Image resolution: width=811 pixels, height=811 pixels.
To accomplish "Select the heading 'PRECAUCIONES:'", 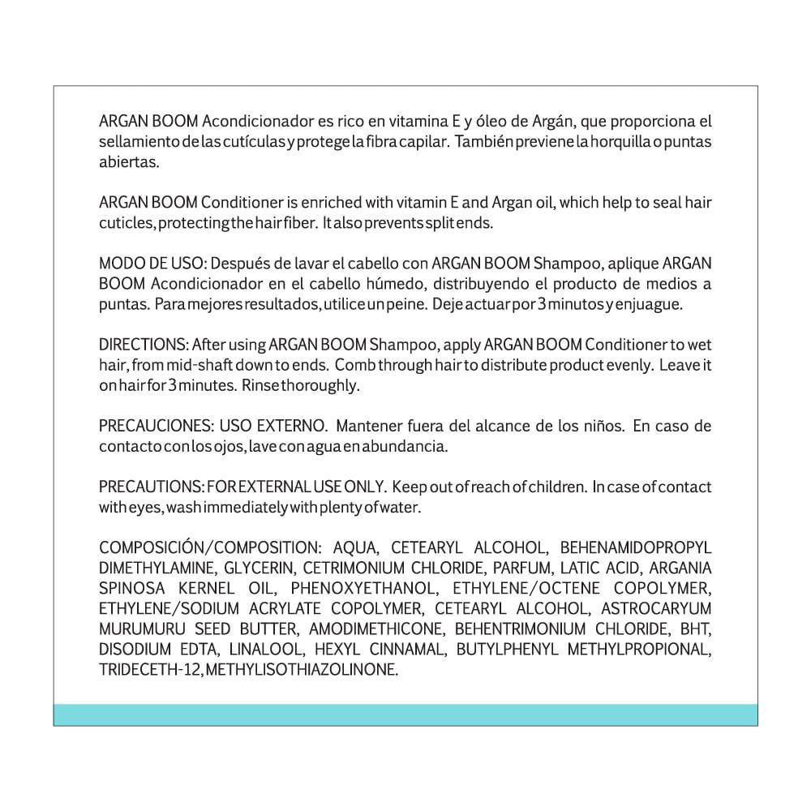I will click(x=155, y=427).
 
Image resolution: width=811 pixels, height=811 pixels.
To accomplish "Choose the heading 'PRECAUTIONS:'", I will click(x=151, y=487).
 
